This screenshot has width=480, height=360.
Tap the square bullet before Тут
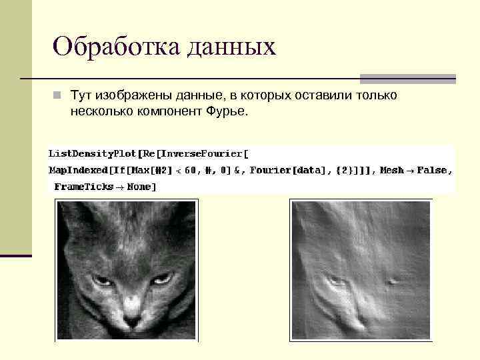point(58,96)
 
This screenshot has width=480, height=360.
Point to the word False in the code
point(433,170)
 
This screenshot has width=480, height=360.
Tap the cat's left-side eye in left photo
point(102,280)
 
